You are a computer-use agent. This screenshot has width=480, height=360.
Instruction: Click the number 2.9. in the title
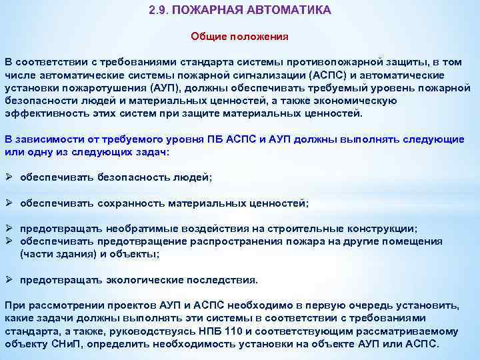click(x=160, y=11)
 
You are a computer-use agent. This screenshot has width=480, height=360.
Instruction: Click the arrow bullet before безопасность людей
click(x=9, y=177)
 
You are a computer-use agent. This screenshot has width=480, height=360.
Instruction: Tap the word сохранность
click(x=133, y=203)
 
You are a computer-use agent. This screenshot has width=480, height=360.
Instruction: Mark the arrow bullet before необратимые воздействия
click(x=9, y=228)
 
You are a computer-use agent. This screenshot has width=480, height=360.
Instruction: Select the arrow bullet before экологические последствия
click(x=9, y=279)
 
